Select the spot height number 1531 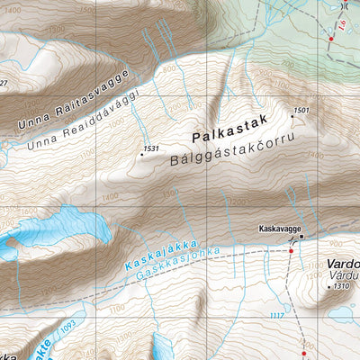[x=150, y=148]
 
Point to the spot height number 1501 [x=301, y=111]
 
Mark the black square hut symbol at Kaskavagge [x=301, y=237]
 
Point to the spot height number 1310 [x=339, y=286]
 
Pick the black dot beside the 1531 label [x=140, y=155]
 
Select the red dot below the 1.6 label [x=330, y=39]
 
